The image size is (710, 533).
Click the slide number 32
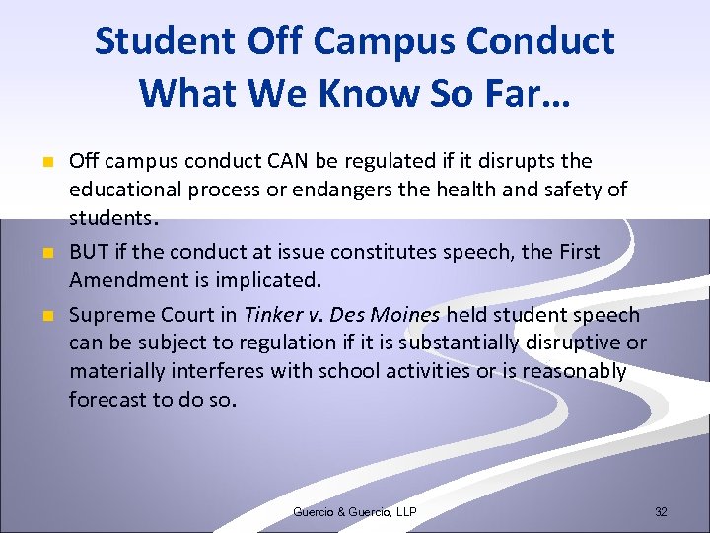click(661, 512)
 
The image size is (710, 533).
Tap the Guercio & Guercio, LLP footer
click(355, 512)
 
